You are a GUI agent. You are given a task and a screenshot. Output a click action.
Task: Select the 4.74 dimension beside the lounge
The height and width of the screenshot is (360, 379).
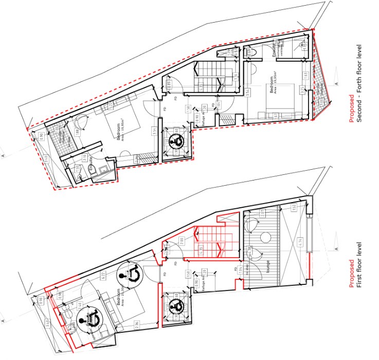pyautogui.click(x=299, y=241)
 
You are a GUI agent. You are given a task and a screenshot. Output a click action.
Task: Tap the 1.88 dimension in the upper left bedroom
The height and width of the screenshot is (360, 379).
pyautogui.click(x=77, y=132)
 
